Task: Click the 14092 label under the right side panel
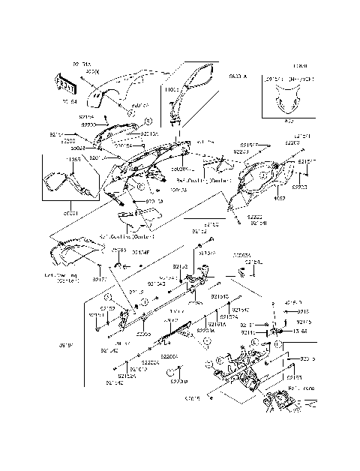[278, 198]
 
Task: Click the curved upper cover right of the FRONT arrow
[120, 88]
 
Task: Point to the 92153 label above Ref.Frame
[293, 379]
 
